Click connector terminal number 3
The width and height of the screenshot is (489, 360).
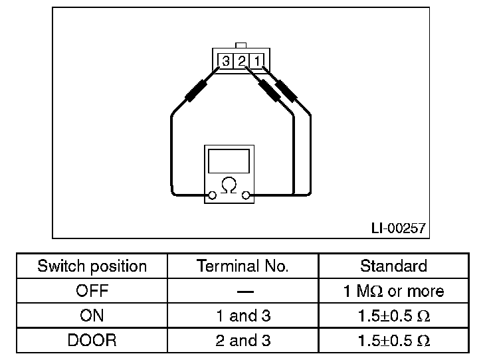coord(226,62)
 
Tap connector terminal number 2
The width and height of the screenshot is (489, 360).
coord(242,62)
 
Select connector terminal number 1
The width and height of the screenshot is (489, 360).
coord(257,62)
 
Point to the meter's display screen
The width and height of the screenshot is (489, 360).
coord(229,161)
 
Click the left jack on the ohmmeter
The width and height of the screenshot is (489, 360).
coord(212,195)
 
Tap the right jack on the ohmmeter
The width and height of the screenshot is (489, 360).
coord(246,195)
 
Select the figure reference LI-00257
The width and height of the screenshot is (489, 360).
coord(398,228)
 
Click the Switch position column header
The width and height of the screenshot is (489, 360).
coord(92,266)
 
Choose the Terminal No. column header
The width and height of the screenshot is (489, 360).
coord(243,266)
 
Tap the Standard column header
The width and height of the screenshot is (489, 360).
coord(393,266)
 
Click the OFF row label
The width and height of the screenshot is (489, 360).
coord(92,291)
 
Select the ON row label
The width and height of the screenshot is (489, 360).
coord(92,316)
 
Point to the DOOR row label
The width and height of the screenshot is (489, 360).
coord(92,341)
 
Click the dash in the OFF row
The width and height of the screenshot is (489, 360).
coord(243,292)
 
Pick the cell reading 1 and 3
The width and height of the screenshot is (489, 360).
coord(243,316)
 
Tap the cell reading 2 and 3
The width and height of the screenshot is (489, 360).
coord(243,341)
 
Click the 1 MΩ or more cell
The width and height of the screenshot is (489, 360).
coord(393,291)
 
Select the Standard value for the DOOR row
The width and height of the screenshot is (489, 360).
coord(393,341)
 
